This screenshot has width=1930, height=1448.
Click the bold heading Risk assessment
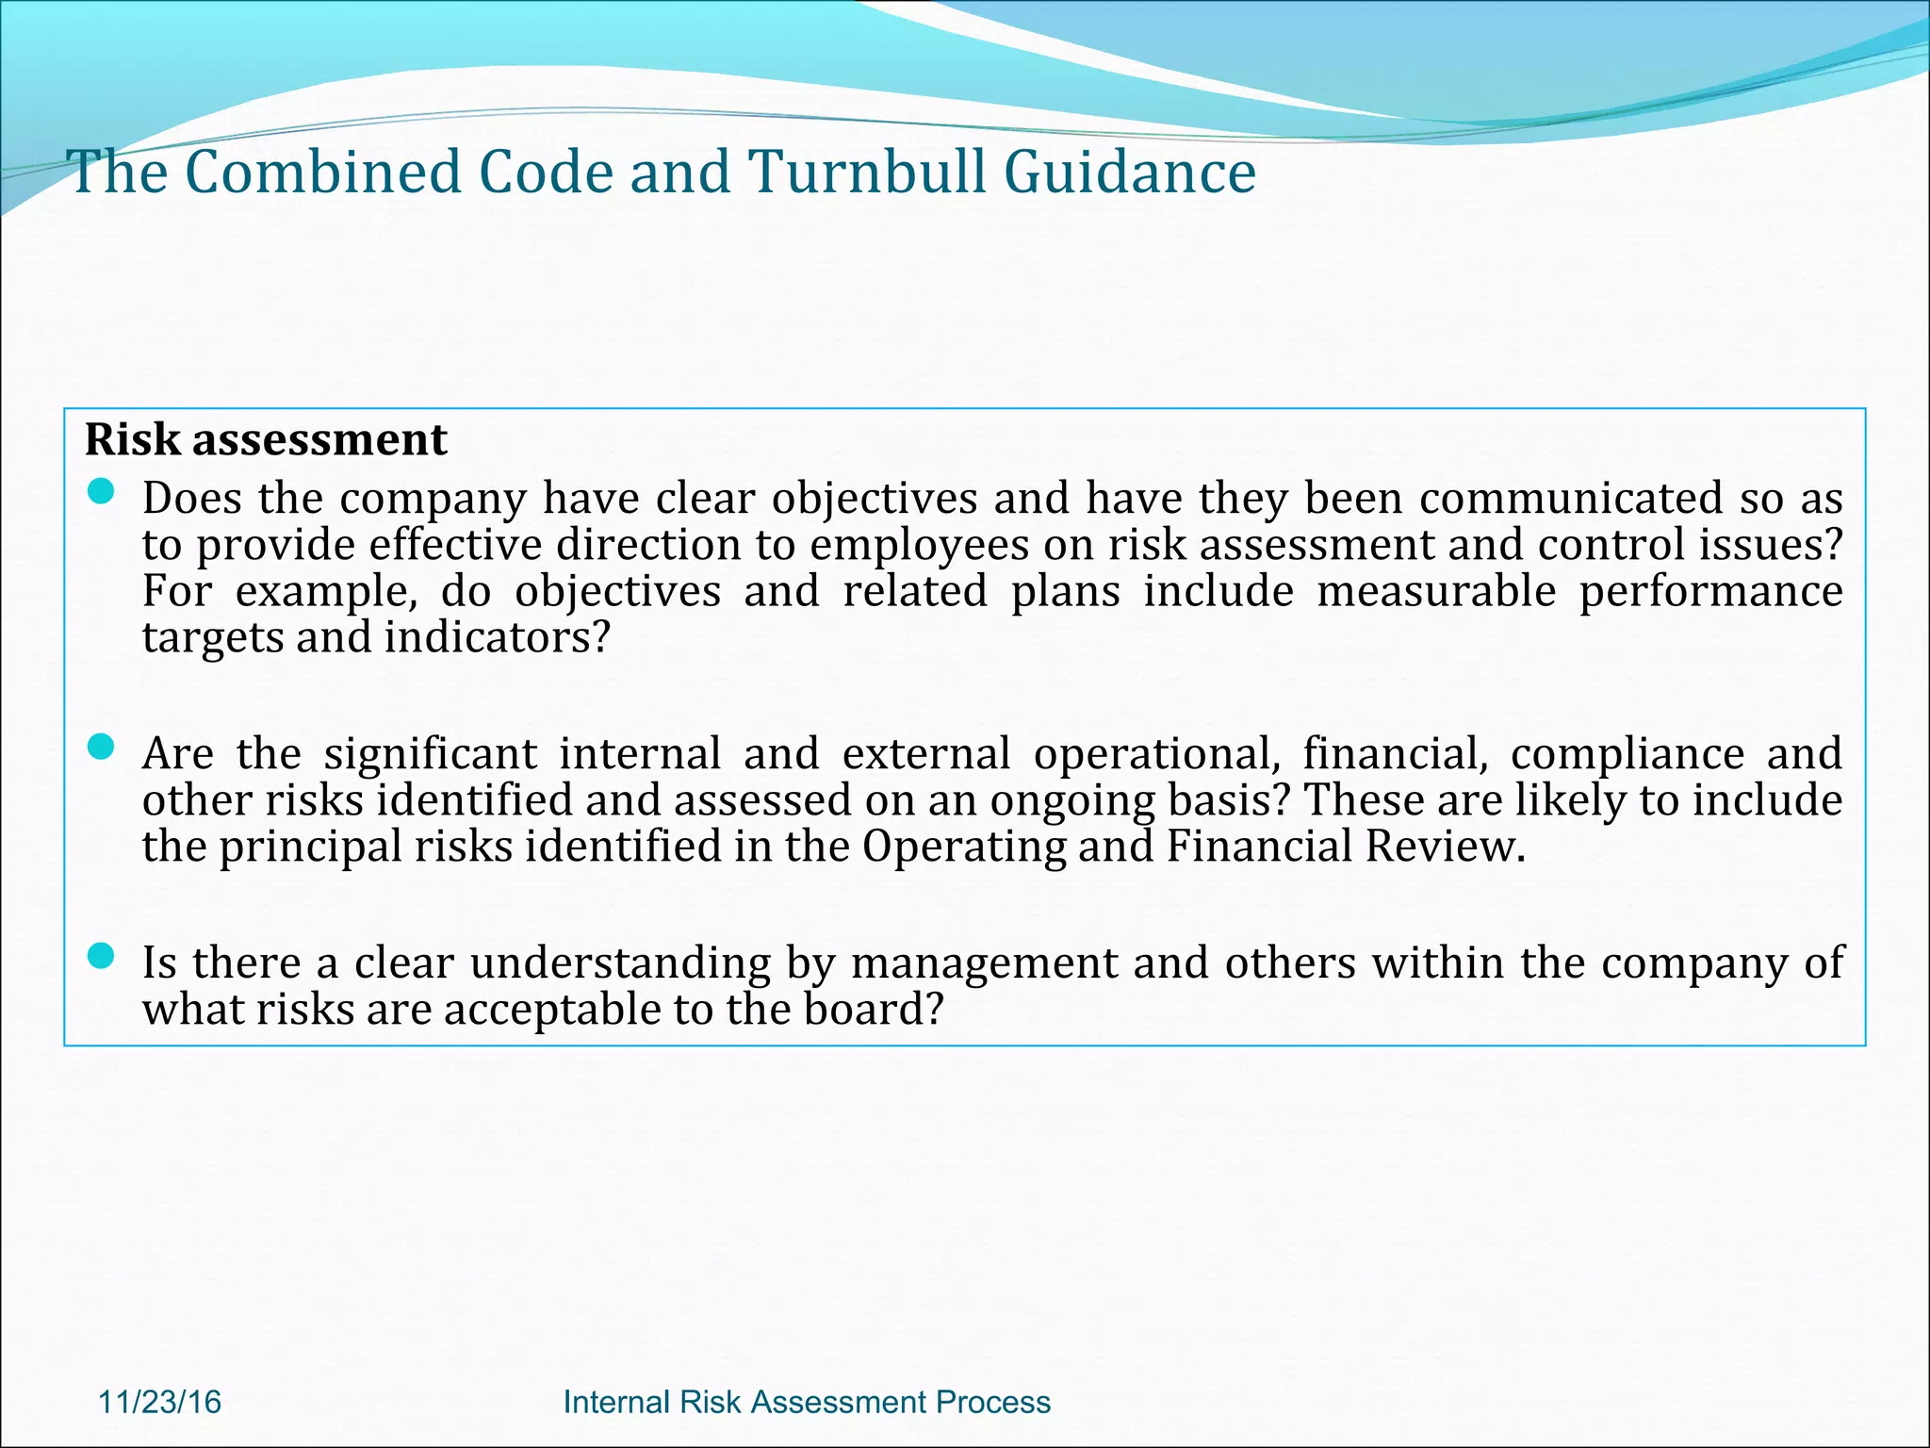click(x=266, y=439)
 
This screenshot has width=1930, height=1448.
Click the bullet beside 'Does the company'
click(x=100, y=491)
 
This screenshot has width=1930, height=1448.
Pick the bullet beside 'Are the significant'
click(x=100, y=748)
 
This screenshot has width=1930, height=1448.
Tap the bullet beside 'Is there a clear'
click(x=100, y=956)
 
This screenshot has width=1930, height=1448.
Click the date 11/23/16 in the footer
click(x=159, y=1402)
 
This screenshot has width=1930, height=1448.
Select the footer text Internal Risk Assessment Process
click(x=807, y=1402)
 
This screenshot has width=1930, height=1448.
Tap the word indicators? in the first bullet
click(x=498, y=638)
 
